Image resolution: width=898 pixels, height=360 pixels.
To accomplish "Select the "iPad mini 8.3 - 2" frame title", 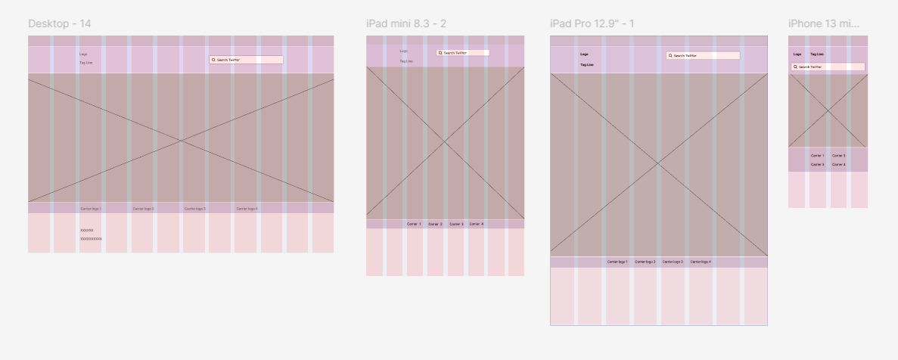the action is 405,23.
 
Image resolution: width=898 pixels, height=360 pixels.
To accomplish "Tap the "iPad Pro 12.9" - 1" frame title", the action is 592,23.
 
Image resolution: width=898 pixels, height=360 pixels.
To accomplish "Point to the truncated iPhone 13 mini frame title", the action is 823,23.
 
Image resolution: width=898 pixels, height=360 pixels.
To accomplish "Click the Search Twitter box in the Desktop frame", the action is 246,59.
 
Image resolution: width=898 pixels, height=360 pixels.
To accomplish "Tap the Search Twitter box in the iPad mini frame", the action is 462,53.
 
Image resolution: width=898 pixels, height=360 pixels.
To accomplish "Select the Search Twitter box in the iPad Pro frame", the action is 703,55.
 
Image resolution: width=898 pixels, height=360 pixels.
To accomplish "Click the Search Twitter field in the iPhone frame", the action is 828,67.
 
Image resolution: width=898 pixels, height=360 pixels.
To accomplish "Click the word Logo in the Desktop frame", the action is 82,54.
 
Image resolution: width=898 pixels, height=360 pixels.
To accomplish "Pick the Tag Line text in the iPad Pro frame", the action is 587,65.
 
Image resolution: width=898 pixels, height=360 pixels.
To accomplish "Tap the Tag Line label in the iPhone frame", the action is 817,54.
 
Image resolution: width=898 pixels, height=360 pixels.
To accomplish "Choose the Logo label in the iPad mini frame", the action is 404,51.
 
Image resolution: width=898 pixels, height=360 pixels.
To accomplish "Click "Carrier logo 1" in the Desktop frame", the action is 91,208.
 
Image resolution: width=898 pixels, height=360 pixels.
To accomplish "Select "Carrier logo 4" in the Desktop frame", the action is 247,208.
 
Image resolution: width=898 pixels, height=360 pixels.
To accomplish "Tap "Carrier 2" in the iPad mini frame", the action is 435,224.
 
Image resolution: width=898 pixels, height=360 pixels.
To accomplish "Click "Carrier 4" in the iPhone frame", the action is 839,164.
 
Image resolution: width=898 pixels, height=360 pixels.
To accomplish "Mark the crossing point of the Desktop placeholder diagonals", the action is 181,141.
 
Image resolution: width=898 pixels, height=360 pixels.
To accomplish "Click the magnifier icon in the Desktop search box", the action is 214,59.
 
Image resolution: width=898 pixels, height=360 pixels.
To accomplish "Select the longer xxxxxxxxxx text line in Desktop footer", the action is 91,238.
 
